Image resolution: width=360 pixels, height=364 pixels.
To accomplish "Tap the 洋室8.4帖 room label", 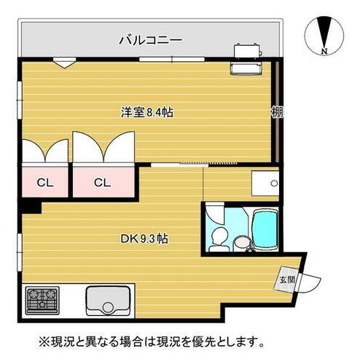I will tap(146, 113).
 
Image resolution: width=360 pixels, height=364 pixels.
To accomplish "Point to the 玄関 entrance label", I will tap(286, 279).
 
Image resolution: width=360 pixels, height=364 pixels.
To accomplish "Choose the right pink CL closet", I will tap(101, 182).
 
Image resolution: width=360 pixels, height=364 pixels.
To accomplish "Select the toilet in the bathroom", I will tap(219, 237).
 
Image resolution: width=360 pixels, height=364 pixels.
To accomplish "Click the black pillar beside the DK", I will tap(30, 207).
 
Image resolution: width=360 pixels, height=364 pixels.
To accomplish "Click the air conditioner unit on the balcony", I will tap(247, 50).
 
